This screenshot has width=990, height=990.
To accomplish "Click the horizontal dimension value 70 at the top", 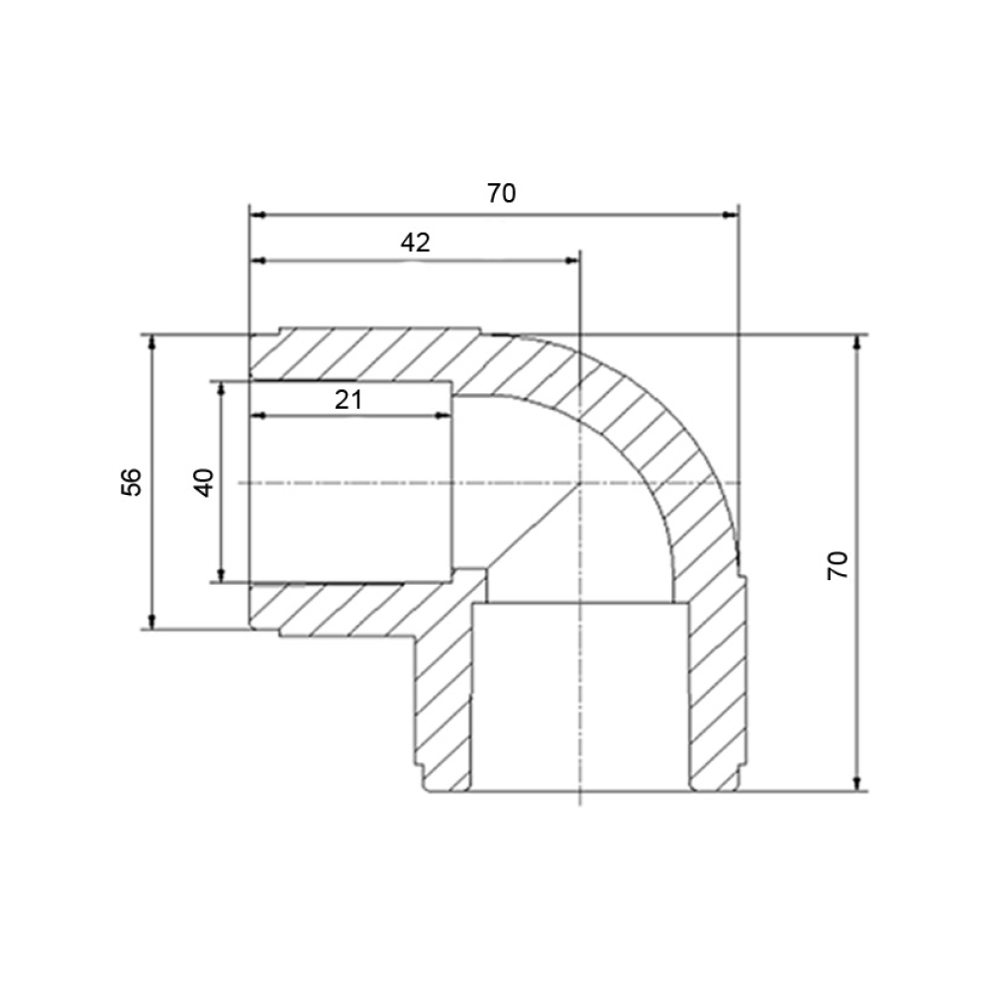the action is [501, 193].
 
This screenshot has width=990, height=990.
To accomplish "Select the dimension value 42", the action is [416, 243].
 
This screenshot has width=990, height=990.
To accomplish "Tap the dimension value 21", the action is [348, 400].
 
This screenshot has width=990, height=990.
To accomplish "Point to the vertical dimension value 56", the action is [132, 482].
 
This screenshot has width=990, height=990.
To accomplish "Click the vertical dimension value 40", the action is [204, 482].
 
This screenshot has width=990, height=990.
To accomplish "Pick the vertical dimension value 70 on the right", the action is [839, 565].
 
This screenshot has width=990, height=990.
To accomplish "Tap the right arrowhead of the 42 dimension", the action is [571, 260].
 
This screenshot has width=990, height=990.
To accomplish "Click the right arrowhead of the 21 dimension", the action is [444, 416].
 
